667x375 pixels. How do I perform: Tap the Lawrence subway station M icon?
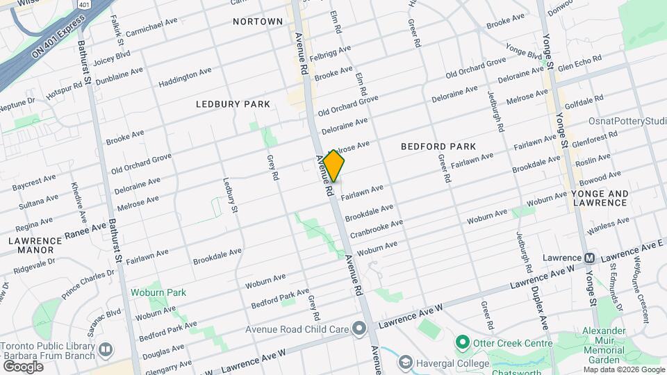(x=589, y=258)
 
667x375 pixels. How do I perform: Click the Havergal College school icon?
(x=406, y=362)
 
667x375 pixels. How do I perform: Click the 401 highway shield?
(x=84, y=4)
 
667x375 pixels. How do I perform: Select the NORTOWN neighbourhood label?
(x=258, y=22)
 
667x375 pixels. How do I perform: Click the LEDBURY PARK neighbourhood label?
(x=232, y=104)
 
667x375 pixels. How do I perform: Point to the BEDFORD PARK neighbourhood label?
(x=438, y=147)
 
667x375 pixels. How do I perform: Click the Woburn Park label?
(x=158, y=292)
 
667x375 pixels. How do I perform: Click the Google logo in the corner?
(x=23, y=366)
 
